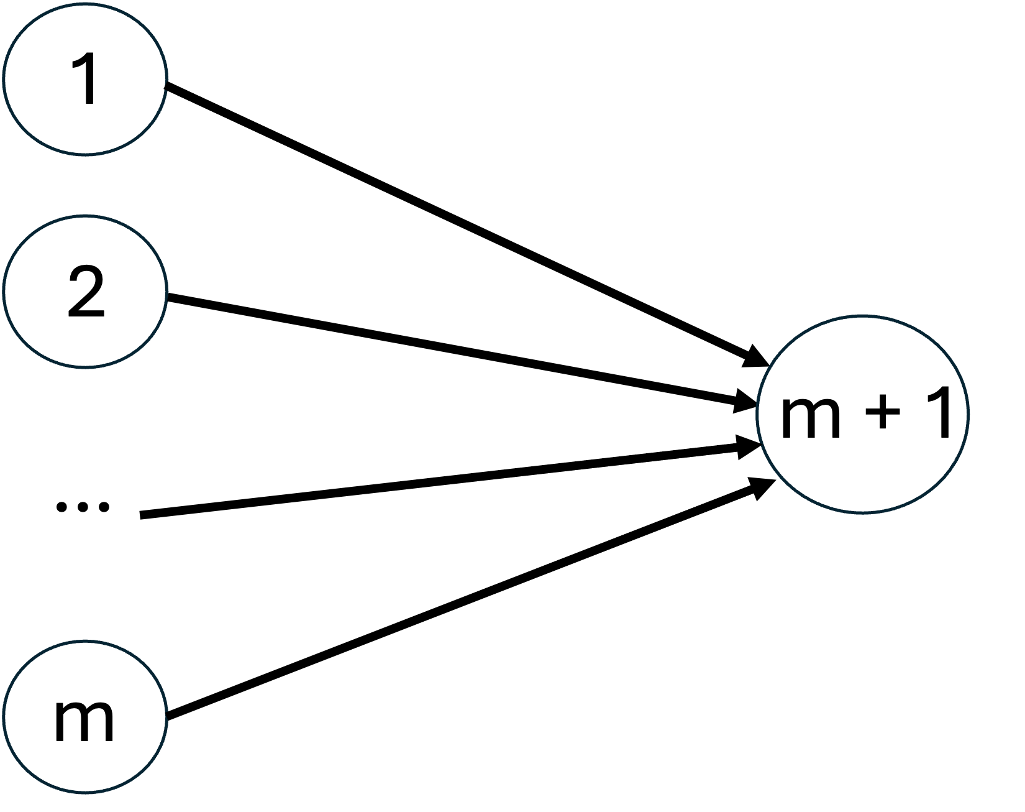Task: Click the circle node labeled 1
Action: pyautogui.click(x=85, y=79)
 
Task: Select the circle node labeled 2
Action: pyautogui.click(x=85, y=291)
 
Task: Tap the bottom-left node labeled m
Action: pyautogui.click(x=85, y=717)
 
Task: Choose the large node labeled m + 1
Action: pyautogui.click(x=863, y=414)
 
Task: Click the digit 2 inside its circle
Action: pyautogui.click(x=86, y=292)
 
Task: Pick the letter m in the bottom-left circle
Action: pyautogui.click(x=84, y=721)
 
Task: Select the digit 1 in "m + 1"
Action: pyautogui.click(x=936, y=412)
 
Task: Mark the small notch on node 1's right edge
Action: pyautogui.click(x=165, y=84)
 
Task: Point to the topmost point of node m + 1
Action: pyautogui.click(x=863, y=316)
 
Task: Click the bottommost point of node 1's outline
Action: pyautogui.click(x=85, y=153)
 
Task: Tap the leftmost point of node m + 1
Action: pyautogui.click(x=758, y=414)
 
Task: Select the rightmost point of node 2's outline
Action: pyautogui.click(x=166, y=291)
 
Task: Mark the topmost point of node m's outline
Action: pyautogui.click(x=85, y=643)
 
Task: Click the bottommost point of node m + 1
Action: pyautogui.click(x=863, y=512)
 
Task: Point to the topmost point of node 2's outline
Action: pyautogui.click(x=85, y=217)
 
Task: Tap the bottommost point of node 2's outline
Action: pyautogui.click(x=85, y=366)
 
